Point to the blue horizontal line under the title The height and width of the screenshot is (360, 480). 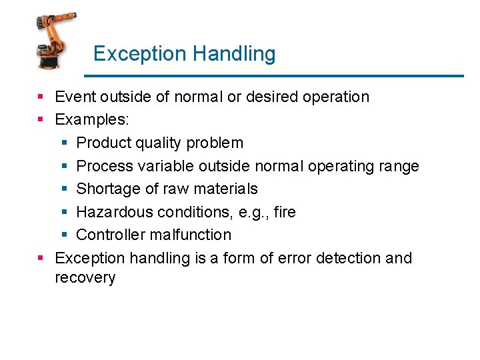point(277,76)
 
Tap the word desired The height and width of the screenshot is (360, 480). point(272,97)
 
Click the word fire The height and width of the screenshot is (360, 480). point(285,212)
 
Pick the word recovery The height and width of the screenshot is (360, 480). point(85,278)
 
